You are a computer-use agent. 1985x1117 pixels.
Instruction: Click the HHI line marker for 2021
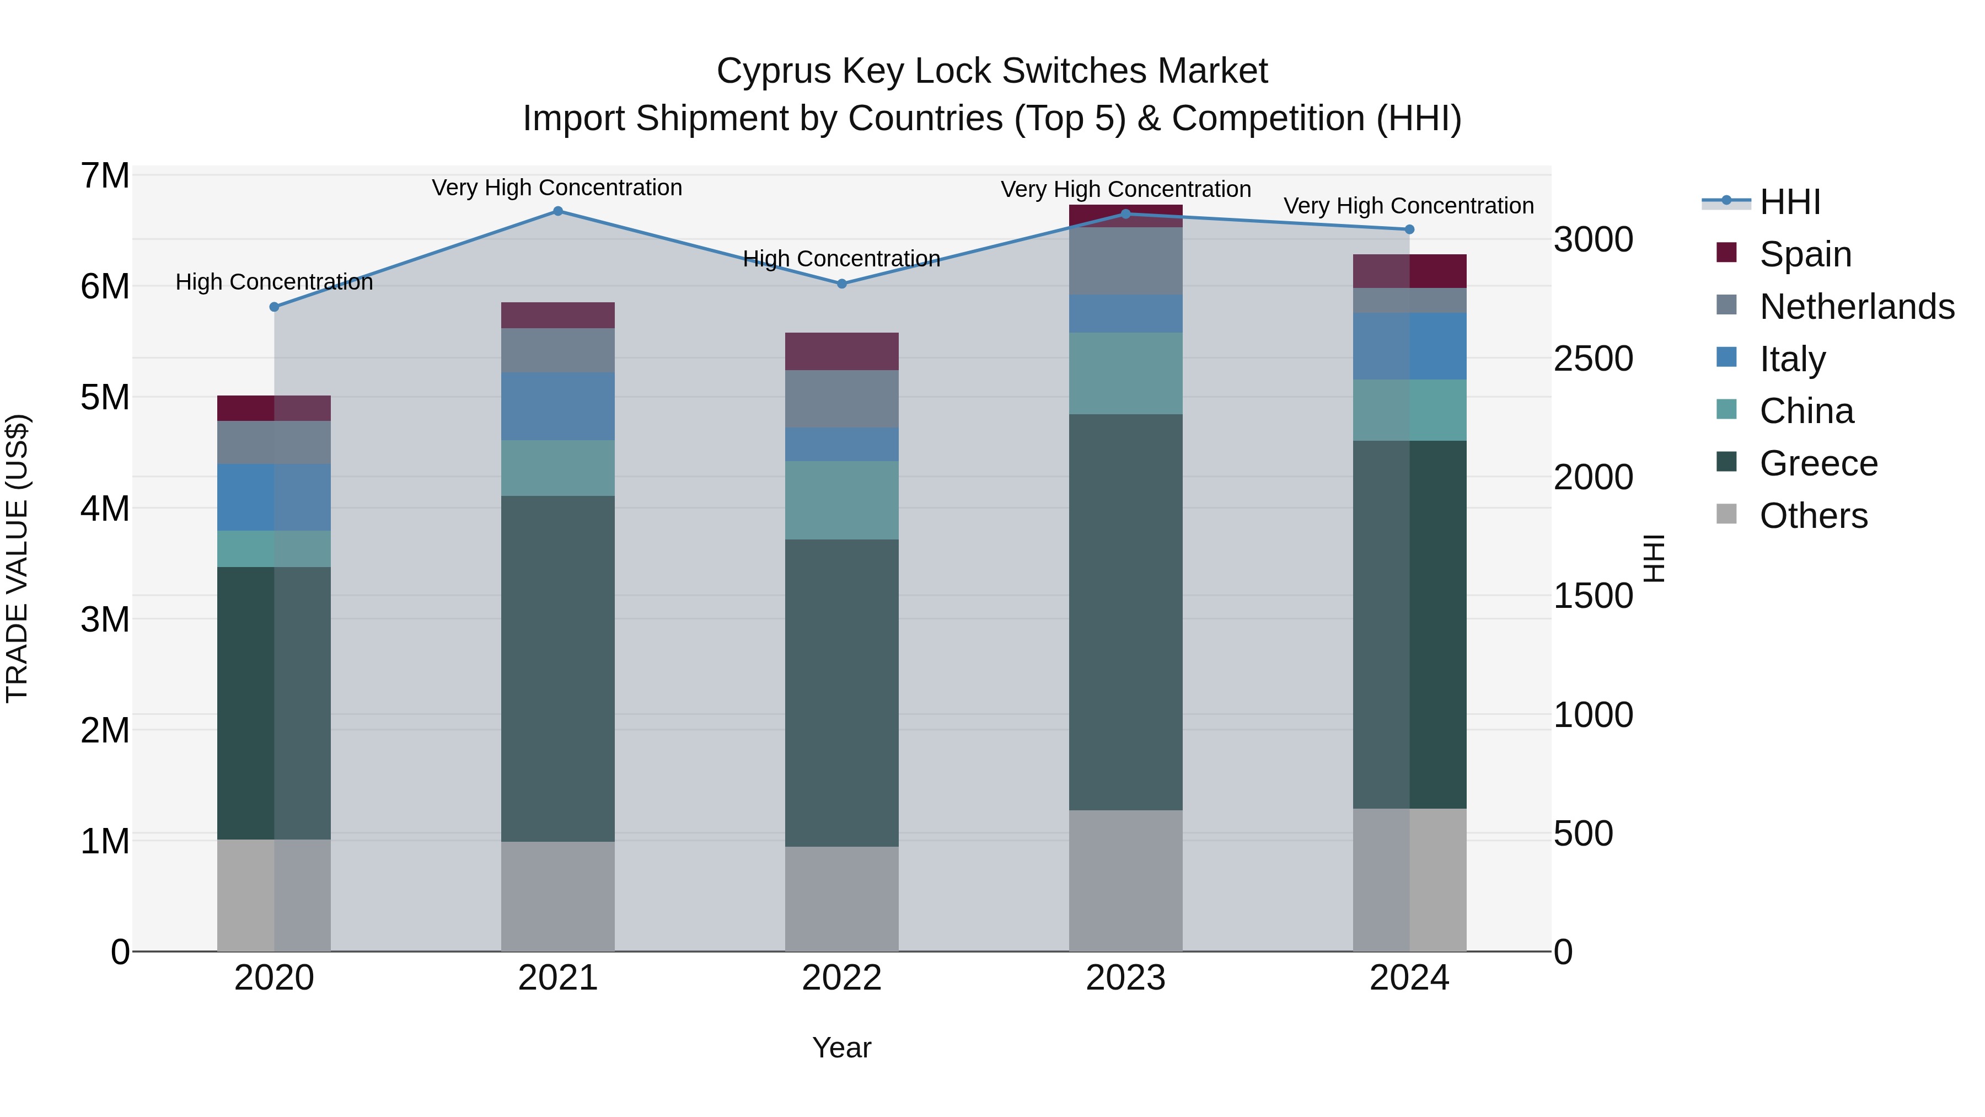pos(558,211)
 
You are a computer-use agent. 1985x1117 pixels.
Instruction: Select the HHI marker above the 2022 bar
pos(841,284)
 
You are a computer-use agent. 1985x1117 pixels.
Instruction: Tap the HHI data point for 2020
pos(275,307)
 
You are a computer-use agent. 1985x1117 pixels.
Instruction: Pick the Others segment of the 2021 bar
pos(558,896)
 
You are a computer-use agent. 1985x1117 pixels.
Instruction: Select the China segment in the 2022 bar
pos(841,500)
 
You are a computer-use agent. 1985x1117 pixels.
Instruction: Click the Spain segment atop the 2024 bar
pos(1409,271)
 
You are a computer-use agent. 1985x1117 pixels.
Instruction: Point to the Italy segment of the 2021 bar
pos(558,406)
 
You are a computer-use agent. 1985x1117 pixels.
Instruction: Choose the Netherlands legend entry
pos(1857,307)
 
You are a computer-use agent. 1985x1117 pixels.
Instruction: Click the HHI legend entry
pos(1789,202)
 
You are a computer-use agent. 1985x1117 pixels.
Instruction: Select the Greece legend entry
pos(1818,463)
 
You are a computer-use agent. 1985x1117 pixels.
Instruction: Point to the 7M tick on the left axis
pos(105,176)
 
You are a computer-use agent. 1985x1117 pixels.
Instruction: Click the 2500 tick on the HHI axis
pos(1592,359)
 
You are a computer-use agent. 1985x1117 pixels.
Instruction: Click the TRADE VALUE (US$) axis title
pos(17,558)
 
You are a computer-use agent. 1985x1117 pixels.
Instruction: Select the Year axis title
pos(841,1047)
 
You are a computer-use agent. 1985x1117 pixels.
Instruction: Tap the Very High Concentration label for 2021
pos(557,188)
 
